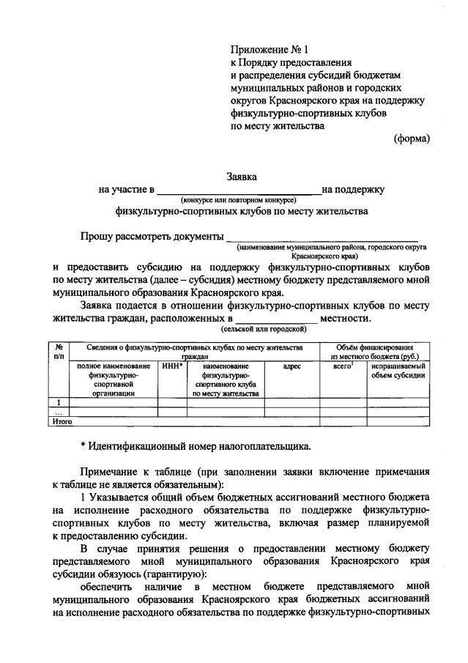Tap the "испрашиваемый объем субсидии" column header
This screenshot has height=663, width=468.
coord(398,371)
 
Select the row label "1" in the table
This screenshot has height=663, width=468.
coord(58,402)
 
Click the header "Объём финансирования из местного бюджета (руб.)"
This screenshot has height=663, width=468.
coord(374,352)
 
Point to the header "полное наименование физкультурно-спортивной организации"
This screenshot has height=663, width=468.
coord(113,379)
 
